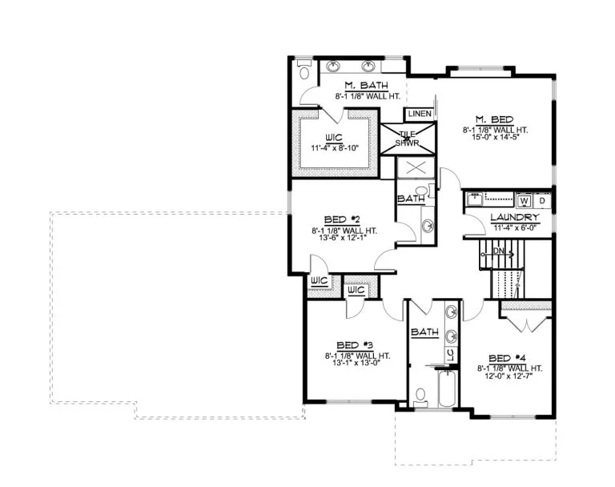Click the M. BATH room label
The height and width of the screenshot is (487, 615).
click(366, 85)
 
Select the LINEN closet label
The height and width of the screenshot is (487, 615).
click(420, 114)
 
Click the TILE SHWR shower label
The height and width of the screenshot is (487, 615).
click(407, 139)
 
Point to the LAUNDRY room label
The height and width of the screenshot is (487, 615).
click(515, 217)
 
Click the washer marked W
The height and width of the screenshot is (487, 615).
click(524, 201)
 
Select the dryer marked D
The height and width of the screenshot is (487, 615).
click(542, 201)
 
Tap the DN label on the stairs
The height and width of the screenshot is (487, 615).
click(499, 251)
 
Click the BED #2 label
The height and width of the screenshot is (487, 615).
click(342, 219)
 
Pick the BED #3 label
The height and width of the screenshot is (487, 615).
click(355, 345)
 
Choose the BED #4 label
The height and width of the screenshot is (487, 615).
click(507, 358)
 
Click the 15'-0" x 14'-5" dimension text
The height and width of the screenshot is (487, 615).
click(496, 138)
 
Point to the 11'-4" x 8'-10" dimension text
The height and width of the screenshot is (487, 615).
click(335, 148)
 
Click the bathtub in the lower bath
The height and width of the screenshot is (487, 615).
click(447, 388)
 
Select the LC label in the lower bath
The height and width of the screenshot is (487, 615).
click(450, 356)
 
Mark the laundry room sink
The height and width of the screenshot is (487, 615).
click(475, 199)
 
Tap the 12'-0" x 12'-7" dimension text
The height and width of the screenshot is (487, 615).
click(509, 376)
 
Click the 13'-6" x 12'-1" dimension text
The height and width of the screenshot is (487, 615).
click(344, 237)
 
